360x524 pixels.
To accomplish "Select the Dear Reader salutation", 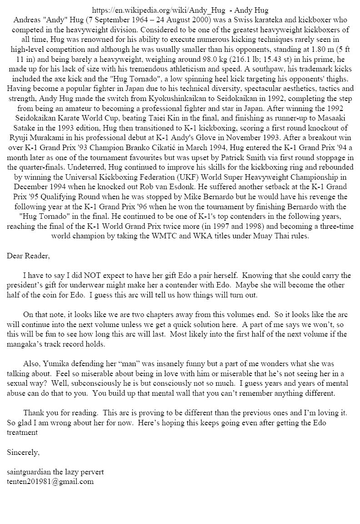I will (x=28, y=256).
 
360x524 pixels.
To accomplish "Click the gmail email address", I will (x=50, y=482).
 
